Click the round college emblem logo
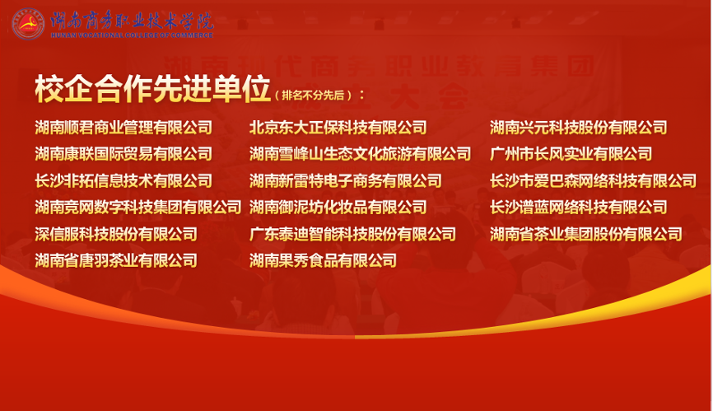[x=28, y=24]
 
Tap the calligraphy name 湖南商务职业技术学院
[x=132, y=21]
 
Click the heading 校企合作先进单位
[x=153, y=89]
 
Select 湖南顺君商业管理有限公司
[x=123, y=128]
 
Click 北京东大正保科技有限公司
[x=338, y=128]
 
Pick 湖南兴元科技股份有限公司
[x=579, y=128]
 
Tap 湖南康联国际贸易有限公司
[x=123, y=154]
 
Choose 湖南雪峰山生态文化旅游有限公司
[x=360, y=154]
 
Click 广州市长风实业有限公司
[x=571, y=154]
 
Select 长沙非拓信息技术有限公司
[x=123, y=181]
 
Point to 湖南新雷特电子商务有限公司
[x=346, y=181]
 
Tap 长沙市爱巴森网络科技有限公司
[x=593, y=181]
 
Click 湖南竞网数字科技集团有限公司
[x=138, y=208]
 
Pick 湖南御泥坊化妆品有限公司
[x=338, y=208]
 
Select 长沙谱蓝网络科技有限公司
[x=579, y=208]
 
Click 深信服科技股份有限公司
[x=116, y=234]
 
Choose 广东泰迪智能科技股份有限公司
[x=353, y=234]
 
